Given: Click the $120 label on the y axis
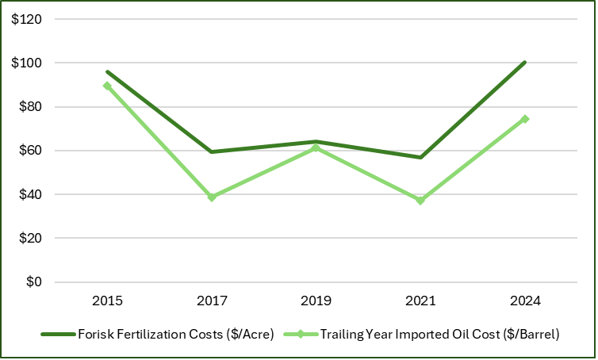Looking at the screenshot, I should (27, 19).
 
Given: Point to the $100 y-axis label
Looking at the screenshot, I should (27, 63).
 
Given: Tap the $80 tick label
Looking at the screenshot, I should (29, 107).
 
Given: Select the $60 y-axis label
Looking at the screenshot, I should (29, 151).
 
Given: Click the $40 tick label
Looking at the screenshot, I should (29, 194).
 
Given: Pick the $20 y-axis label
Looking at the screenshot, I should (29, 238).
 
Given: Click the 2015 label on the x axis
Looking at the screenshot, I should (107, 301).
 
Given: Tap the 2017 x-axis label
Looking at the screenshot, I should (212, 301).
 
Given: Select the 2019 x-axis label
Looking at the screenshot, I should (316, 301).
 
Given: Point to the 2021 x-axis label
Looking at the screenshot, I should (420, 301).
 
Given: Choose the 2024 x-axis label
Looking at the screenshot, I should (525, 301).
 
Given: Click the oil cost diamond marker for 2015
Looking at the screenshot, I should (107, 86).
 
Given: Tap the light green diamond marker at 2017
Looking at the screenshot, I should (212, 197).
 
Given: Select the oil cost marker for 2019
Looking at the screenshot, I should (316, 147).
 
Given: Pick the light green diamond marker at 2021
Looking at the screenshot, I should (420, 201).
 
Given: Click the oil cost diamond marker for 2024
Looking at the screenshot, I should (525, 119).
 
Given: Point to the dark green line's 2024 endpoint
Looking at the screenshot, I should (525, 62).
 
